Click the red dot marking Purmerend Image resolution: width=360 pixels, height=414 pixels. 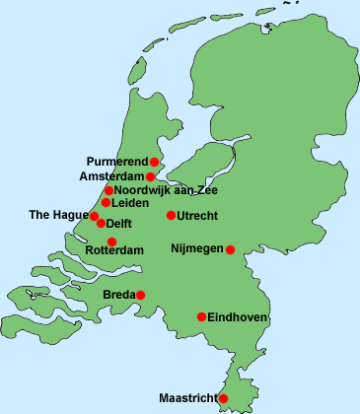pos(155,161)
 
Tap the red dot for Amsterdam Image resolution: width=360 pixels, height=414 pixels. pos(150,177)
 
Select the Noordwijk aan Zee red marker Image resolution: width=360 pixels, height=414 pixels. pos(108,190)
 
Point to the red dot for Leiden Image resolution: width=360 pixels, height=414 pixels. pos(106,203)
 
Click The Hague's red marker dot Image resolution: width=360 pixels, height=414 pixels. pos(96,215)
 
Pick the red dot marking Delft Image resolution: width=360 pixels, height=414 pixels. pos(101,223)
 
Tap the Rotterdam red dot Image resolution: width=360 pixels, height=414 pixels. pos(111,241)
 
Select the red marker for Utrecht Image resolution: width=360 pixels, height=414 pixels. pos(171,215)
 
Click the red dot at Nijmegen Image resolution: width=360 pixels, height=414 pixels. pos(231,249)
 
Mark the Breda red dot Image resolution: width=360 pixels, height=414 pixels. pos(141,295)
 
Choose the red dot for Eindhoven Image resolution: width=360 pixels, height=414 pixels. pos(201,317)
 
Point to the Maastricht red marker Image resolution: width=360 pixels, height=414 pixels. pos(223,398)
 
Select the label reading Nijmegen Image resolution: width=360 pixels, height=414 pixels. pos(197,248)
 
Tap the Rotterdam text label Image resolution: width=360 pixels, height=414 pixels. pos(114,251)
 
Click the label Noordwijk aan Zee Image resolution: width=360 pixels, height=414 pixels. pos(166,190)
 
